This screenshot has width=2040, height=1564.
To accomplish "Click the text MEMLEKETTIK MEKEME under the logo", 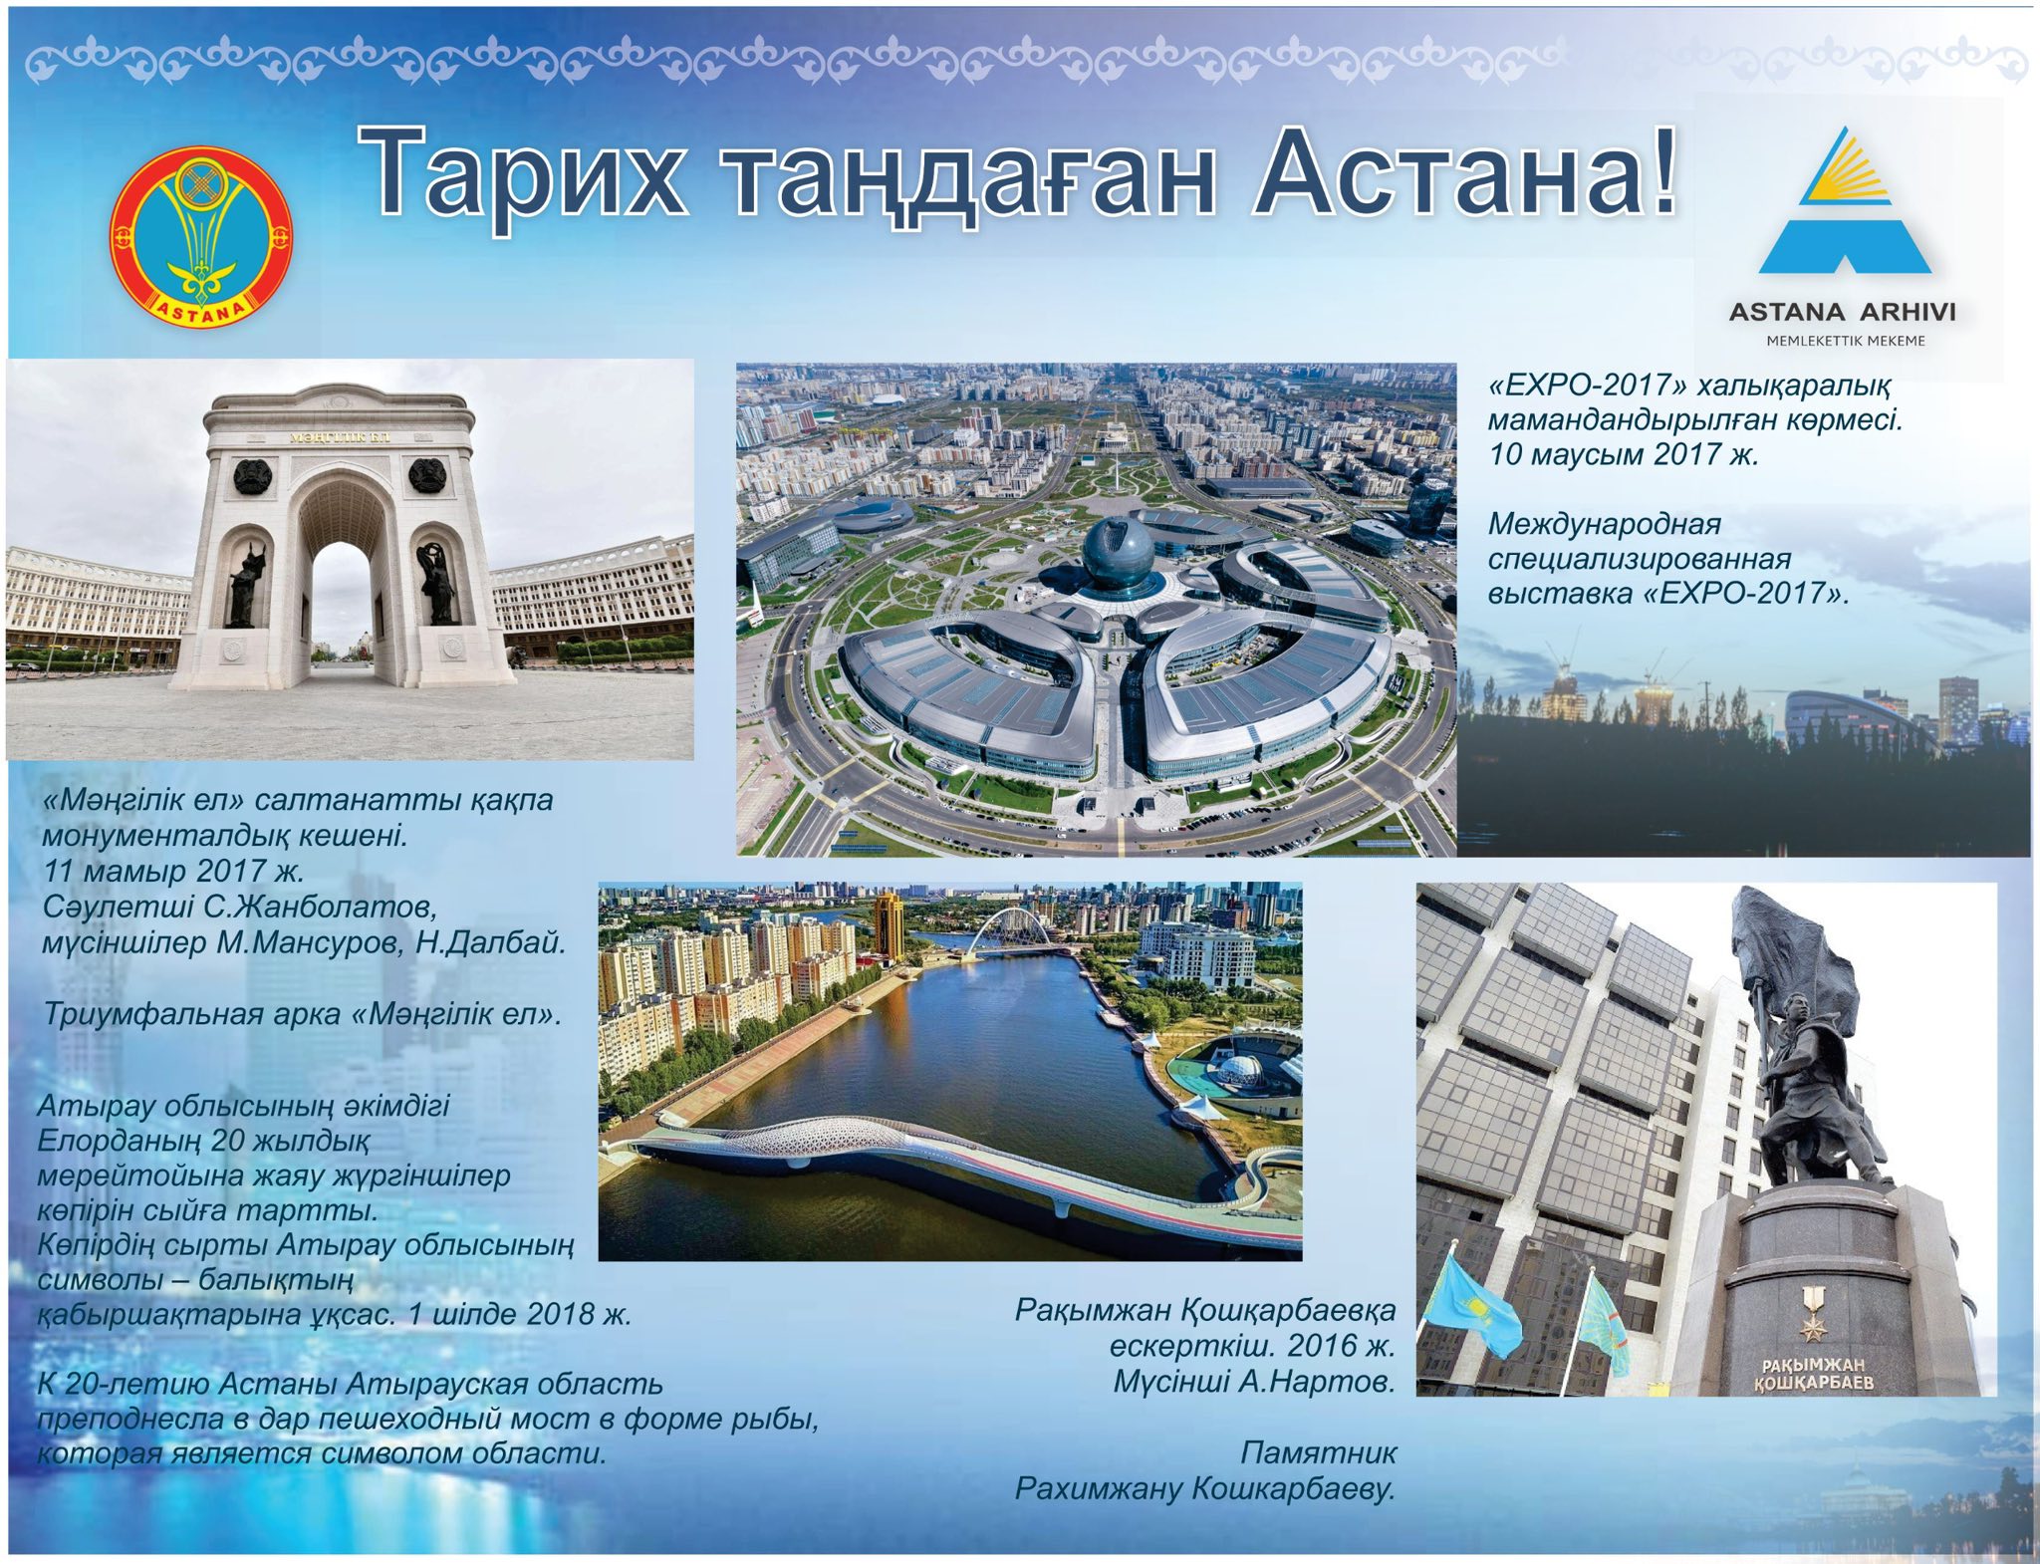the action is tap(1846, 341).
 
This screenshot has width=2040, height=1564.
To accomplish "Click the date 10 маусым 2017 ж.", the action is tap(1624, 454).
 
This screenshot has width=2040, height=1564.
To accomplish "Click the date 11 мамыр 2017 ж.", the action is tap(173, 871).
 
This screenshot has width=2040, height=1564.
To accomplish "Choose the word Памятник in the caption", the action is tap(1319, 1453).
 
